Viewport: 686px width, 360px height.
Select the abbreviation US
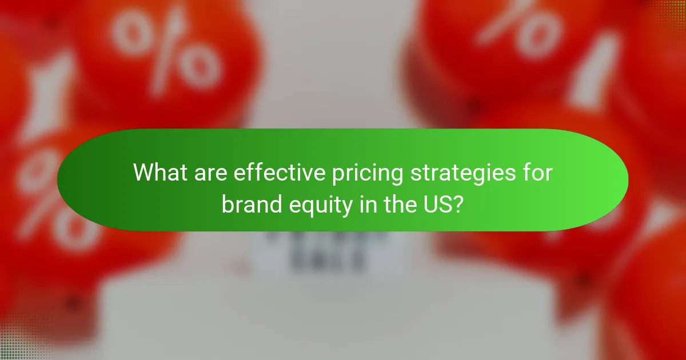click(438, 205)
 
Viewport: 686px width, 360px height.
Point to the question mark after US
click(458, 205)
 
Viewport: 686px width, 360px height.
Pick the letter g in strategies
click(473, 175)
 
